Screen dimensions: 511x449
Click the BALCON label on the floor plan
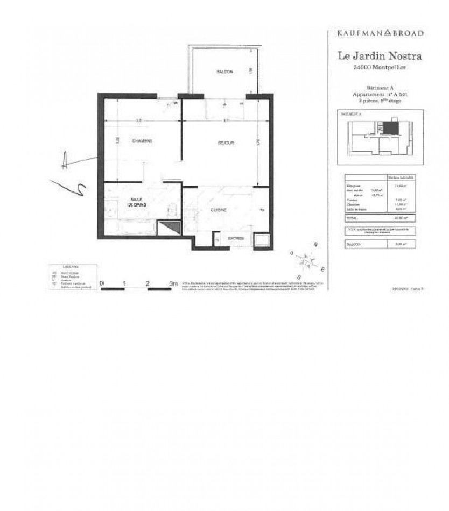pos(224,72)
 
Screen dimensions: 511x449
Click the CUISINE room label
pos(218,210)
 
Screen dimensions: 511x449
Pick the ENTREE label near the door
pos(236,238)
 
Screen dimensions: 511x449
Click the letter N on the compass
pos(316,245)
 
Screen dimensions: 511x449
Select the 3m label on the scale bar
pos(173,282)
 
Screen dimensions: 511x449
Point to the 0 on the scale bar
pos(102,282)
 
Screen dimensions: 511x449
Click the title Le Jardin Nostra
pos(380,55)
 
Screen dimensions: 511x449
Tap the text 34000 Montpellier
pos(380,67)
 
